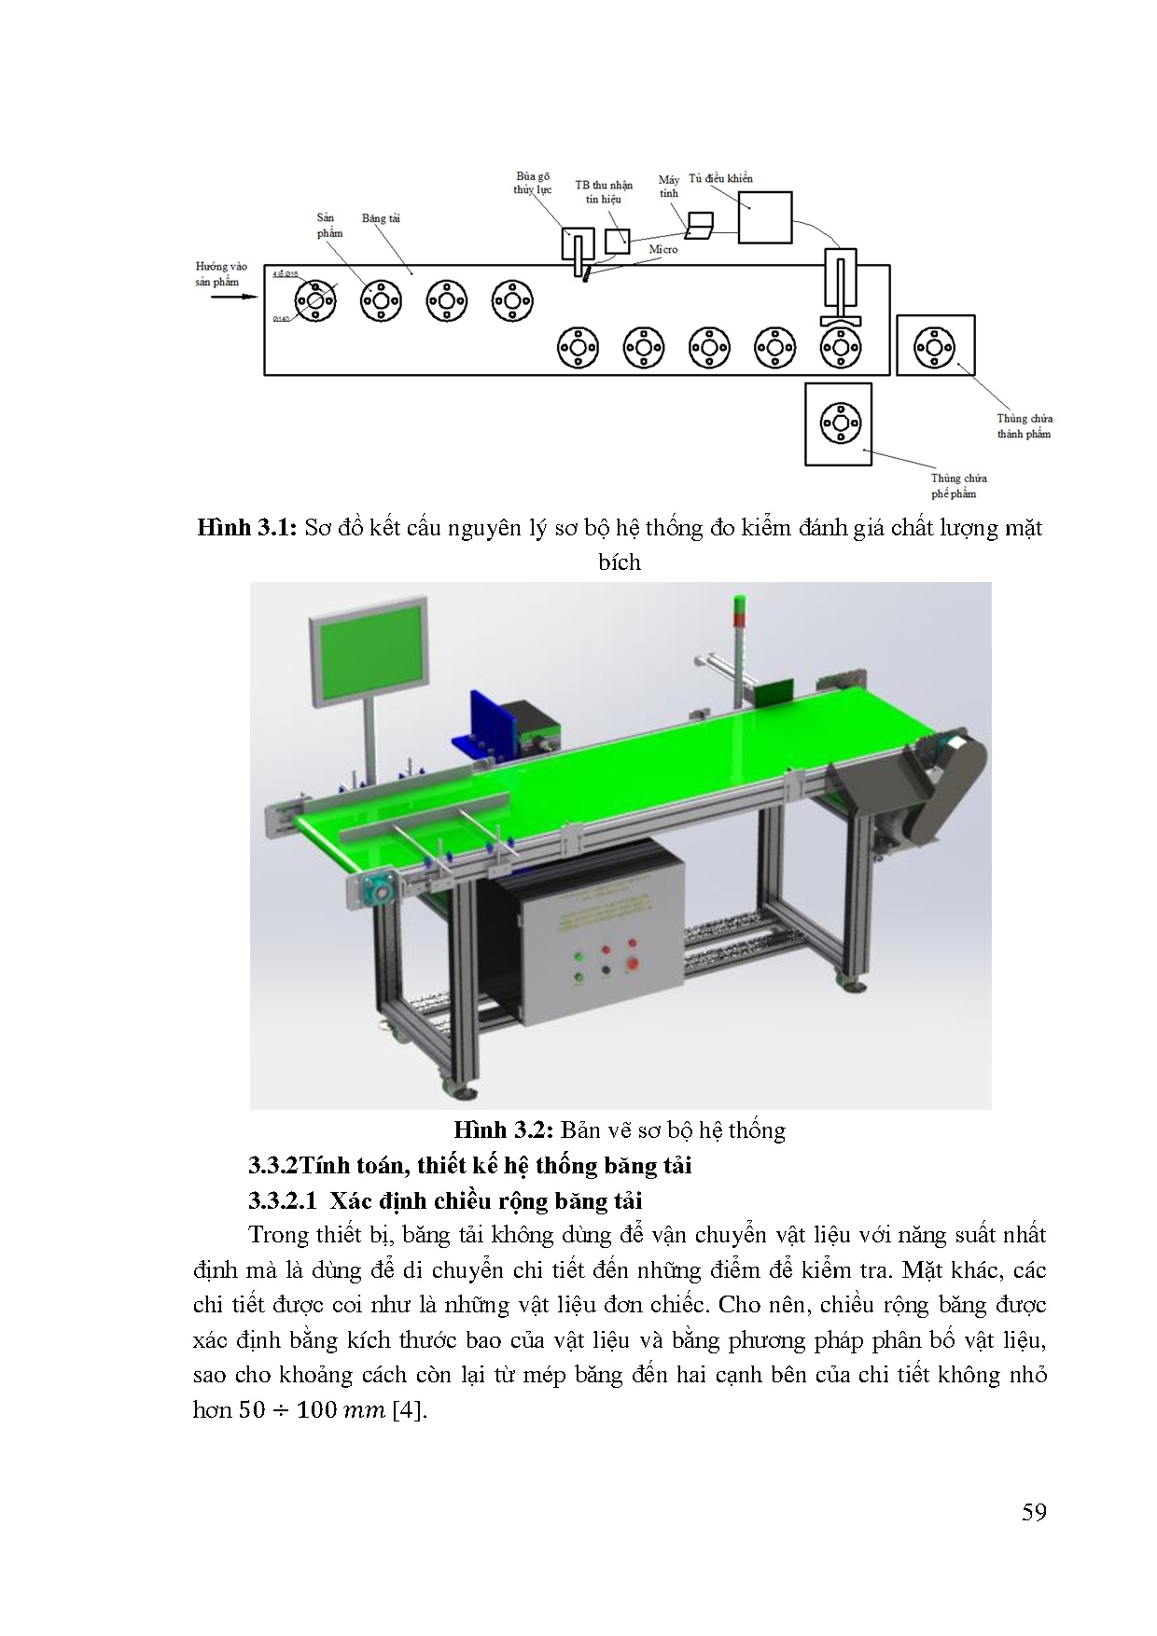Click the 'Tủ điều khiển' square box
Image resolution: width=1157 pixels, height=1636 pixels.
[765, 217]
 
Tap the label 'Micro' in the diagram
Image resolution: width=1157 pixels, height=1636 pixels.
[663, 250]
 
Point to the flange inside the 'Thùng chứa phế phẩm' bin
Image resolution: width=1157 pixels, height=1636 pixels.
[839, 423]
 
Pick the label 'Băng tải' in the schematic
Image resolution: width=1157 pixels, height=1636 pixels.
[381, 218]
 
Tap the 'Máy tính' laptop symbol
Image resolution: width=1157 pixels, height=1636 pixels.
[699, 225]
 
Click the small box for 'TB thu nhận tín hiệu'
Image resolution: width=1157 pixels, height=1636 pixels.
[617, 241]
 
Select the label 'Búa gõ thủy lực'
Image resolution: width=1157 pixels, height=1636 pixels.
[533, 182]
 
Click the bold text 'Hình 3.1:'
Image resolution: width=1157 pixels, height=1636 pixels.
[246, 529]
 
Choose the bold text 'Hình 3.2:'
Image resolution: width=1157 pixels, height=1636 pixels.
[504, 1130]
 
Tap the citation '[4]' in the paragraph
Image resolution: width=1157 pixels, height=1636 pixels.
[409, 1410]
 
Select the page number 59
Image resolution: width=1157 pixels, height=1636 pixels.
[1034, 1512]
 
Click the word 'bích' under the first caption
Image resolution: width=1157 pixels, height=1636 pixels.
[620, 562]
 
